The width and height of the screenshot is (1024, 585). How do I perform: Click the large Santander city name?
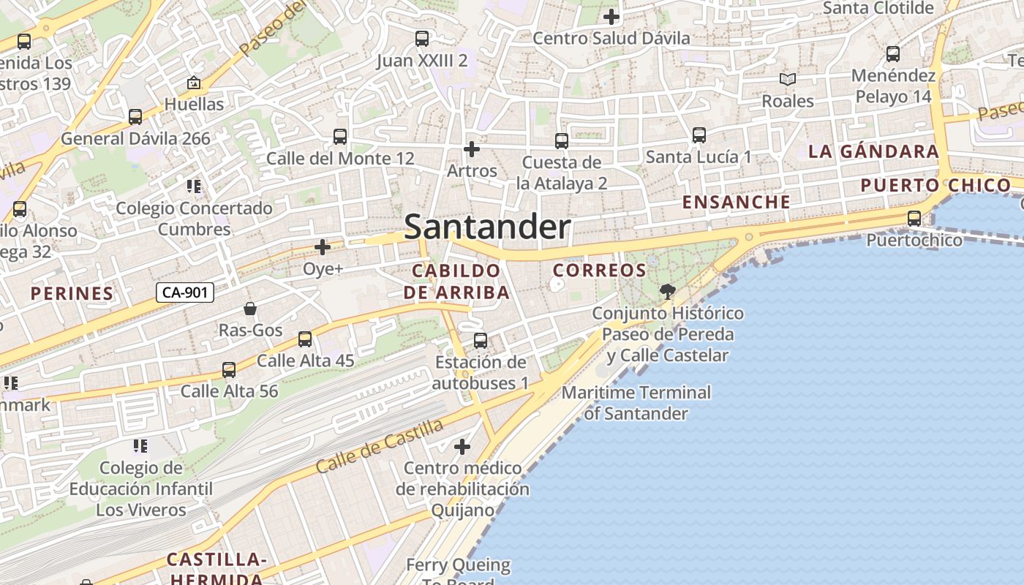487,227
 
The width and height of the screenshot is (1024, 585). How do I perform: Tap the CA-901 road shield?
185,292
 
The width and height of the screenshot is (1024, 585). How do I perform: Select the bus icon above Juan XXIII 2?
422,39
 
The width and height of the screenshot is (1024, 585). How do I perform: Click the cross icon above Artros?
472,149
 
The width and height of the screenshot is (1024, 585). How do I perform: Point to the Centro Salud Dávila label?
611,38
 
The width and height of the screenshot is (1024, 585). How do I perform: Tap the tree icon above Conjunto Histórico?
667,292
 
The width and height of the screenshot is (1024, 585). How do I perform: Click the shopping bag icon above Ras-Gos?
250,309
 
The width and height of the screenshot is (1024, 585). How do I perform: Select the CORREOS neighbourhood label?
600,271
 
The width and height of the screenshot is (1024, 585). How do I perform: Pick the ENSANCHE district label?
737,202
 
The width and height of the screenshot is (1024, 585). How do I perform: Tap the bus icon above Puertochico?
914,218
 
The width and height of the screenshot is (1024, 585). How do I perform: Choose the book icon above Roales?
787,79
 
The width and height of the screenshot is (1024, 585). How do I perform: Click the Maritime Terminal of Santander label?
636,403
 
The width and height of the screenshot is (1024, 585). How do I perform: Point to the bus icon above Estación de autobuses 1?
481,340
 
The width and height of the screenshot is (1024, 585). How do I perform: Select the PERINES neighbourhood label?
72,294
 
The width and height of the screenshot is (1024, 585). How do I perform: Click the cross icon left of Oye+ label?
322,247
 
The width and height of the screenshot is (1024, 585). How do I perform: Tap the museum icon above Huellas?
194,83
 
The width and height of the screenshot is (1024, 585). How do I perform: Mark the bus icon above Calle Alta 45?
305,339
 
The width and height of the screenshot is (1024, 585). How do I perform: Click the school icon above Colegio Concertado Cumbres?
194,186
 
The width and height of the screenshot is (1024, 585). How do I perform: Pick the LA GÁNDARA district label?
873,151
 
